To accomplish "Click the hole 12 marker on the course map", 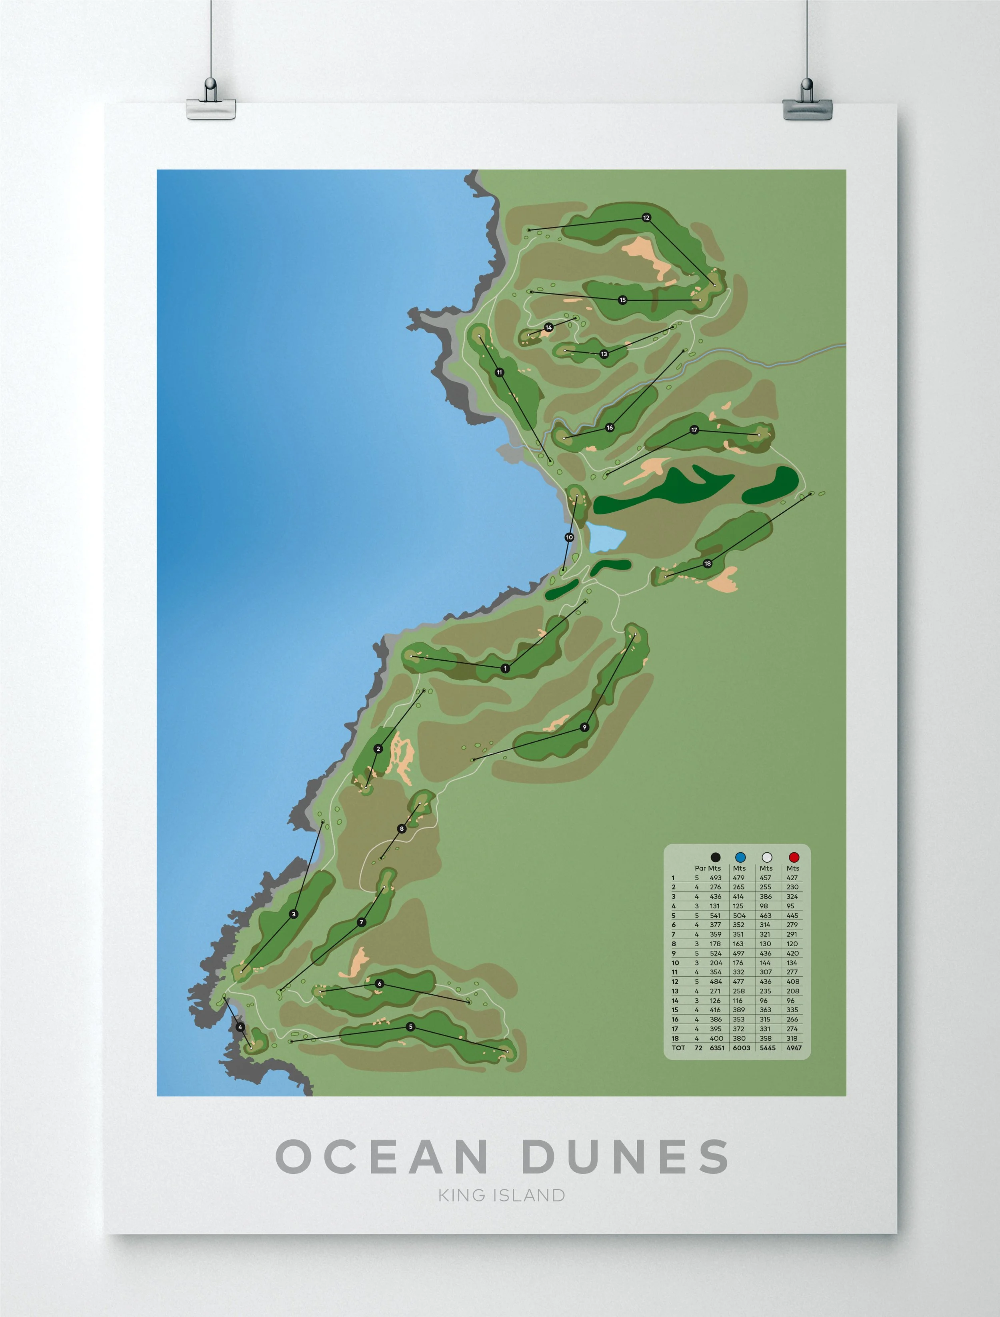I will [x=646, y=218].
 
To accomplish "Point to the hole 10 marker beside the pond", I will [x=569, y=537].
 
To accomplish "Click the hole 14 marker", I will [x=548, y=328].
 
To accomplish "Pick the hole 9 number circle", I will [x=584, y=727].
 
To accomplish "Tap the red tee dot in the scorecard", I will [x=793, y=857].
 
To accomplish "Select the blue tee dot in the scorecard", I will [x=740, y=857].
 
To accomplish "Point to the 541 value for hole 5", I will [x=715, y=916].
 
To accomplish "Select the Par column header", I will [x=700, y=868].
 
